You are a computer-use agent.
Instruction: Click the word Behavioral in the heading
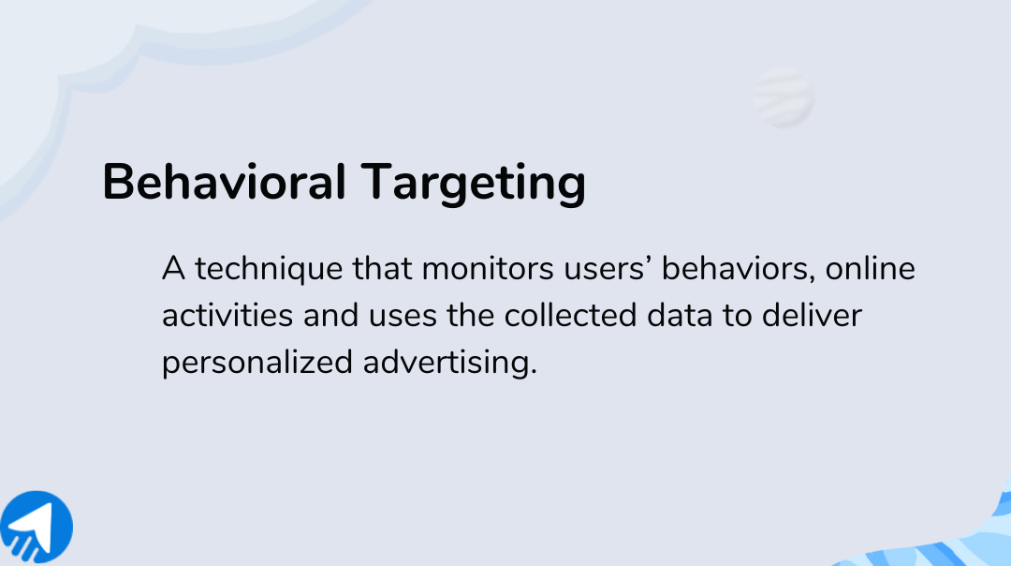point(223,182)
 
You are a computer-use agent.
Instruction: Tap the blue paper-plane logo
point(36,528)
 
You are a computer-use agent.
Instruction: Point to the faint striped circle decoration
point(783,98)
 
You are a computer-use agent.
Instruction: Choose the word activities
point(227,316)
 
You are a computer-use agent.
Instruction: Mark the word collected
point(571,316)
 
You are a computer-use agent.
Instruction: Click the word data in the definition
point(681,316)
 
